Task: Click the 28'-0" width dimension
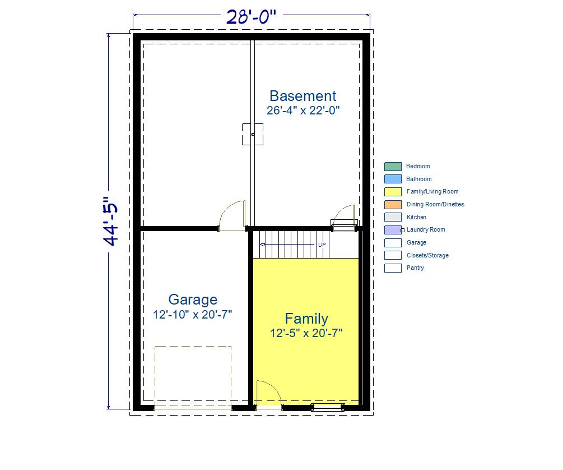252,16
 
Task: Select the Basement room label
303,96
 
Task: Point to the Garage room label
193,299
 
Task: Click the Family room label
306,319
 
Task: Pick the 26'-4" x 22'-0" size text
303,110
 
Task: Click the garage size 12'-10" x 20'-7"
193,315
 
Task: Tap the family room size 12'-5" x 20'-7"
306,333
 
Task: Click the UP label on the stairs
322,245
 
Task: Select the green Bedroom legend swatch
393,167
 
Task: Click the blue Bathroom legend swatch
393,179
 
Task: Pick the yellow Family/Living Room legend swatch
393,192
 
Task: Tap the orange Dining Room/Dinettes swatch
393,205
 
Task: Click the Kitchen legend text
416,217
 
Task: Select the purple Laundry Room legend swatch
393,230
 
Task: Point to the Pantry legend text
415,268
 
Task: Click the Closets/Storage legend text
427,255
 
